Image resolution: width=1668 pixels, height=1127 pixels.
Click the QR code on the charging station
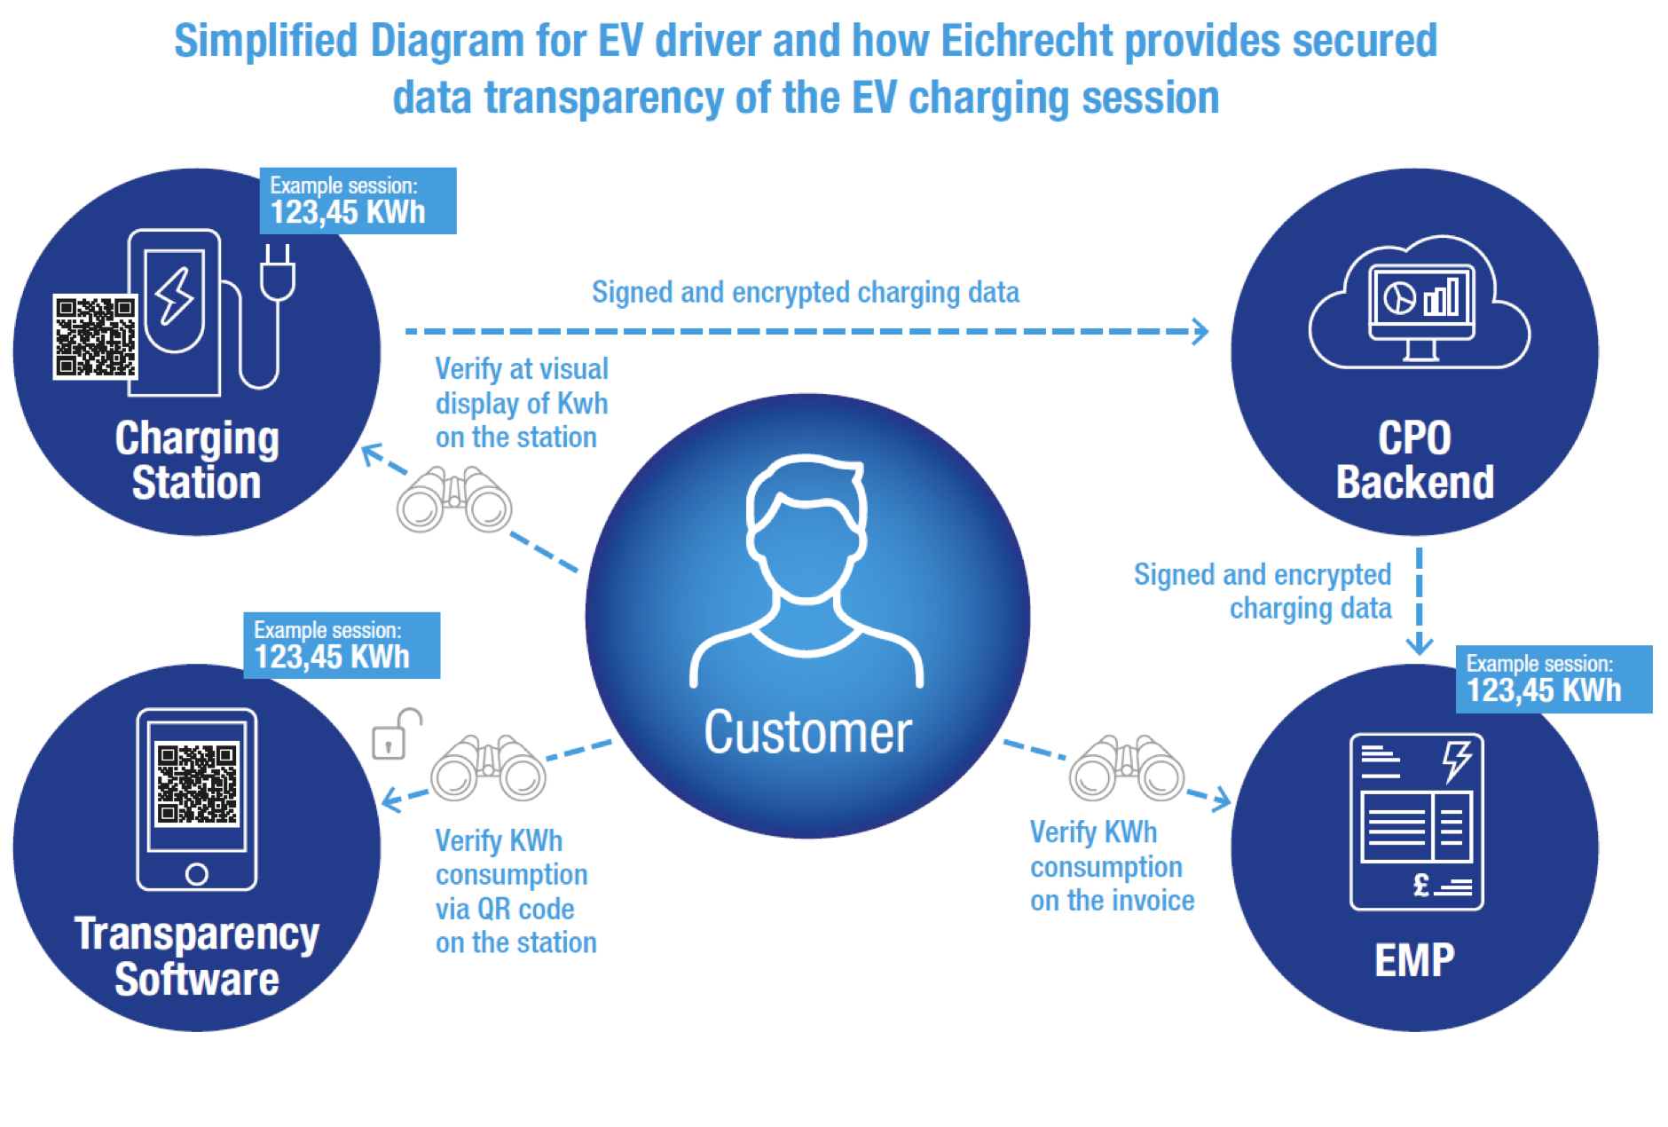pyautogui.click(x=95, y=336)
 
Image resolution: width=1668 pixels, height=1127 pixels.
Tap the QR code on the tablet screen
pyautogui.click(x=197, y=784)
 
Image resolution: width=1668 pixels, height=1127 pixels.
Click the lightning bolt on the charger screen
pyautogui.click(x=175, y=296)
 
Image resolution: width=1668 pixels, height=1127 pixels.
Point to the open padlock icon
pyautogui.click(x=393, y=734)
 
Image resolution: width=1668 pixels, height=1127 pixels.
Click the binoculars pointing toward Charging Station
pyautogui.click(x=454, y=500)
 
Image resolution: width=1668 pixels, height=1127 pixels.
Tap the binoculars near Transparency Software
pyautogui.click(x=488, y=768)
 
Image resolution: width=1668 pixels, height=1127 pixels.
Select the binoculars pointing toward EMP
pyautogui.click(x=1126, y=768)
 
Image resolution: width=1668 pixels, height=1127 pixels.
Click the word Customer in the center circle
pyautogui.click(x=807, y=732)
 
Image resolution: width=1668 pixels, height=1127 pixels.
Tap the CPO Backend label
pyautogui.click(x=1414, y=460)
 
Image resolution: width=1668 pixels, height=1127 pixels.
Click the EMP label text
pyautogui.click(x=1414, y=960)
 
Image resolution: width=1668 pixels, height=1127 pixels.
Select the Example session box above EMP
pyautogui.click(x=1553, y=679)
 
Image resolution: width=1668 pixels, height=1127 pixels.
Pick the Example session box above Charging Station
pyautogui.click(x=358, y=201)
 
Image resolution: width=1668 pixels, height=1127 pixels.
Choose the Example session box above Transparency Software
pyautogui.click(x=342, y=646)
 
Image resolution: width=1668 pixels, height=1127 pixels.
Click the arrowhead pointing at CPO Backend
pyautogui.click(x=1200, y=331)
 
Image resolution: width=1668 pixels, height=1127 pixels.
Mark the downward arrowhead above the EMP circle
pyautogui.click(x=1419, y=644)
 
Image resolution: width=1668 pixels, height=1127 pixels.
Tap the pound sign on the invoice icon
pyautogui.click(x=1420, y=885)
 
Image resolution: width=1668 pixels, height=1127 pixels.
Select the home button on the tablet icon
pyautogui.click(x=197, y=874)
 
